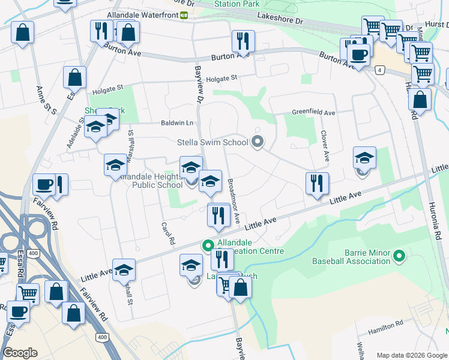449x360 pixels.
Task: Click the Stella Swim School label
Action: (x=212, y=143)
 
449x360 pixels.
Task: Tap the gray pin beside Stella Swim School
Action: (x=258, y=142)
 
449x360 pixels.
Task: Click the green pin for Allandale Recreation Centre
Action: (x=208, y=245)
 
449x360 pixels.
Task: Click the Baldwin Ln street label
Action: (x=177, y=123)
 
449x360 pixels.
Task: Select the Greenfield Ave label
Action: (x=313, y=112)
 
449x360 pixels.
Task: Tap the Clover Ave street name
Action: (x=325, y=146)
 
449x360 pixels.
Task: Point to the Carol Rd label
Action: (x=167, y=233)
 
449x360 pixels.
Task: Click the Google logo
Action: (x=20, y=353)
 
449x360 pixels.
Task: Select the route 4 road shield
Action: (x=380, y=70)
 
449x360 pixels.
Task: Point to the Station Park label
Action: (x=236, y=4)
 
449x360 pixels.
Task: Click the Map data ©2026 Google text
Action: (x=411, y=355)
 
